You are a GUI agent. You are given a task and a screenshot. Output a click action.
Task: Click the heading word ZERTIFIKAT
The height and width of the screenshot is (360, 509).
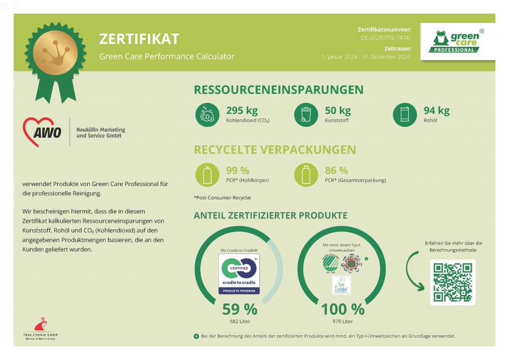(x=139, y=39)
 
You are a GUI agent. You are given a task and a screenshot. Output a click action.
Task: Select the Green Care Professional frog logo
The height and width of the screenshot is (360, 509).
(x=457, y=42)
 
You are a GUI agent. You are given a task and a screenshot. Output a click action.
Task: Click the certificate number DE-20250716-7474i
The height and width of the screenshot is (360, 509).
(x=386, y=38)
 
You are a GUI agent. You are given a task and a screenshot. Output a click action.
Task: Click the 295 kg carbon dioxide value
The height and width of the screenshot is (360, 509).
(x=242, y=110)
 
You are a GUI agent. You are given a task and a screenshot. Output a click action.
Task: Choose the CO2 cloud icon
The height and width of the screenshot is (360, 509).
(x=206, y=115)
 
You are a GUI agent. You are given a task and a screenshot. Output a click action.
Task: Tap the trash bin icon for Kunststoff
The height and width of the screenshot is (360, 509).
(x=306, y=115)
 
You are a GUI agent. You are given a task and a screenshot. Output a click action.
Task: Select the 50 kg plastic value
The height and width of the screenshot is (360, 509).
(x=338, y=110)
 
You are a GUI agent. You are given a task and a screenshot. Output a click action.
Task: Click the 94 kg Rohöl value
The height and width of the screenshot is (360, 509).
(x=436, y=110)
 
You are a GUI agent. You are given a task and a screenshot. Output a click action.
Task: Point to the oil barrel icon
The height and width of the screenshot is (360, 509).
(x=404, y=115)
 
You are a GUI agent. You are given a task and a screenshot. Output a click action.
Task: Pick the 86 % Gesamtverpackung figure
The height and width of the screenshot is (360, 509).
(x=337, y=171)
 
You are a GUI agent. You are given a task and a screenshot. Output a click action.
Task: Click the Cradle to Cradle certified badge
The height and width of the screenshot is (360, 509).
(x=239, y=273)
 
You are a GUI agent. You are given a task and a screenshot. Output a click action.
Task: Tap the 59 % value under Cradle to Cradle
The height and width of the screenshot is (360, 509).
(x=240, y=309)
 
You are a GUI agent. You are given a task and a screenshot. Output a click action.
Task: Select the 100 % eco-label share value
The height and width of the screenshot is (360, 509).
(x=342, y=309)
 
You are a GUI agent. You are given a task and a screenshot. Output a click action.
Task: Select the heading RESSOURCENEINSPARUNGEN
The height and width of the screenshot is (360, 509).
(x=278, y=90)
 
